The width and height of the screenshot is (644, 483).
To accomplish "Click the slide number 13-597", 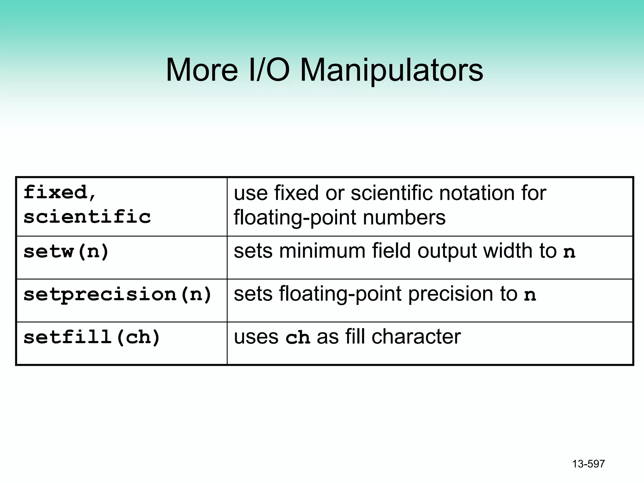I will coord(588,464).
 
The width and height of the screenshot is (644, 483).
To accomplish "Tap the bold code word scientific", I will coord(87,217).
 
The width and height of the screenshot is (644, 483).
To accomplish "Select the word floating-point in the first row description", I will coord(295,218).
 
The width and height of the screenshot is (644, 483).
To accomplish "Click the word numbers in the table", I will coord(404,218).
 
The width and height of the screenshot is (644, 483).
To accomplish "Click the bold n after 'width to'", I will coord(569,252).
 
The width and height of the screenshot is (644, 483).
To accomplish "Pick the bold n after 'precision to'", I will coord(530,295).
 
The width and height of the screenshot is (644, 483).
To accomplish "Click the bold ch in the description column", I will coord(297,338).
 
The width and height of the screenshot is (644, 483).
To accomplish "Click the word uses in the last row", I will coord(256,337).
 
